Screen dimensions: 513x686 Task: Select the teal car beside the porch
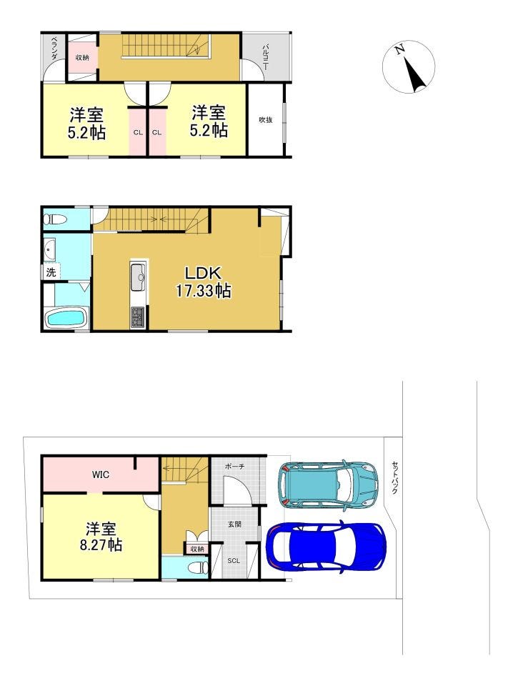point(328,484)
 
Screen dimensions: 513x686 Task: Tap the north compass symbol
point(409,66)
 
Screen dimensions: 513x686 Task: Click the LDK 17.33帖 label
point(204,282)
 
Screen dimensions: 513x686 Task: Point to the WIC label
point(101,474)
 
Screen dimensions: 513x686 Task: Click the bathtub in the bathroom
point(67,318)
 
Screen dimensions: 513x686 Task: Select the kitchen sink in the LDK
point(139,277)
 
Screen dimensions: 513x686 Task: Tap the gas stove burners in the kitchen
point(139,317)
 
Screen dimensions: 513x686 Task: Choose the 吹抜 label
point(266,119)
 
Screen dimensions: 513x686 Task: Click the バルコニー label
point(266,57)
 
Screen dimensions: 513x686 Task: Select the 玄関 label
point(234,524)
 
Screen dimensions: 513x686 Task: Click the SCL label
point(234,560)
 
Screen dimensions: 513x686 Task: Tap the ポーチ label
point(235,467)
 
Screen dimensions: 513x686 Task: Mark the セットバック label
point(394,477)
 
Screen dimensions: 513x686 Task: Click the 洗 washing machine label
point(51,272)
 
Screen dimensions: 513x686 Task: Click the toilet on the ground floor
point(198,567)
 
